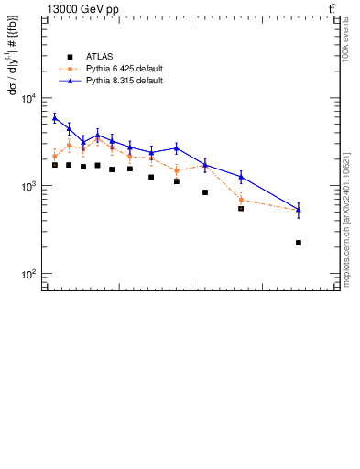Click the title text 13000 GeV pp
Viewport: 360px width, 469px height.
point(83,9)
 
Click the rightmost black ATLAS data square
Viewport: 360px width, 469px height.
point(299,243)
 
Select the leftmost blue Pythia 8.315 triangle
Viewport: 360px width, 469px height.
point(55,117)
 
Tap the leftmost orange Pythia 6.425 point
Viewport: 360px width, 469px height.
point(55,157)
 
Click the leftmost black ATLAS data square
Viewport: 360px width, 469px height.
point(55,165)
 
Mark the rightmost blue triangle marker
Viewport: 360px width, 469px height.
point(299,209)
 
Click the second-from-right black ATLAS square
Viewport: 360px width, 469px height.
point(241,209)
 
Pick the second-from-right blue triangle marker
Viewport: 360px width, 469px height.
point(241,176)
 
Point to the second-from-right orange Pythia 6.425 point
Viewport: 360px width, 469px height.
point(241,199)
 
